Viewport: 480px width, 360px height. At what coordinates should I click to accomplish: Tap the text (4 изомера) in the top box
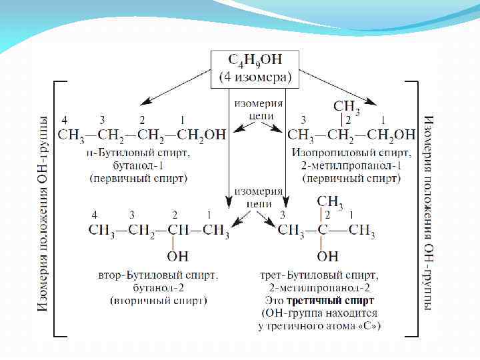pyautogui.click(x=256, y=77)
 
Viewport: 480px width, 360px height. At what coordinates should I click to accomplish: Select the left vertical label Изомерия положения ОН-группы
pyautogui.click(x=42, y=213)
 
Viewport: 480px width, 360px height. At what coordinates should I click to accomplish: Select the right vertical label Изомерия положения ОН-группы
pyautogui.click(x=429, y=213)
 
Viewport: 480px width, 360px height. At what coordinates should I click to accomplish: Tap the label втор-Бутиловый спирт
pyautogui.click(x=158, y=275)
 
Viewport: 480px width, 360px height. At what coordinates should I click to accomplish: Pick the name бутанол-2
pyautogui.click(x=158, y=287)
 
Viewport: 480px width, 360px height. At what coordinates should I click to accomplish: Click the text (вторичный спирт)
pyautogui.click(x=158, y=301)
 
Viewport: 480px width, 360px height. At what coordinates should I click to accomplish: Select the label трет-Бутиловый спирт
pyautogui.click(x=319, y=275)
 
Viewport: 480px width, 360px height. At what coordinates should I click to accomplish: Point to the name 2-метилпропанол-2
pyautogui.click(x=319, y=287)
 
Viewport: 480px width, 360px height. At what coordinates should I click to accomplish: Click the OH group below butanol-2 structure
pyautogui.click(x=178, y=255)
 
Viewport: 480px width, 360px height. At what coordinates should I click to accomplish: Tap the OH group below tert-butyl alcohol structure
pyautogui.click(x=328, y=255)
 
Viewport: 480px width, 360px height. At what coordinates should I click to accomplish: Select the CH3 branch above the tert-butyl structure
pyautogui.click(x=330, y=201)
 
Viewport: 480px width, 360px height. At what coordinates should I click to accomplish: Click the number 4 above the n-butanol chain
pyautogui.click(x=65, y=120)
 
